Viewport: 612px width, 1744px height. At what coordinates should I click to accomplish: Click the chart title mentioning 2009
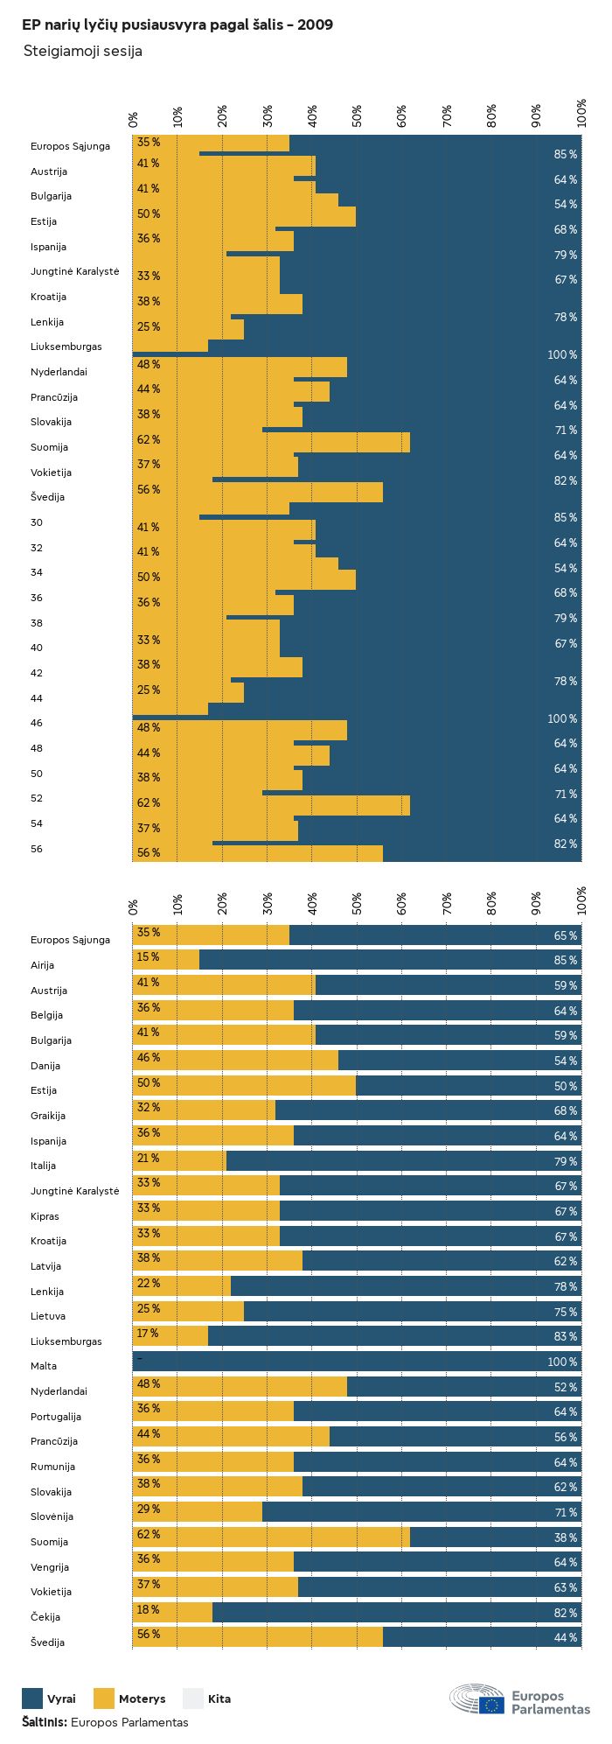point(177,25)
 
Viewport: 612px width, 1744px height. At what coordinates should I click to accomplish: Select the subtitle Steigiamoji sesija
point(82,52)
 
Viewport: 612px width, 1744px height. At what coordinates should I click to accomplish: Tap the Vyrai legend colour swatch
point(32,1698)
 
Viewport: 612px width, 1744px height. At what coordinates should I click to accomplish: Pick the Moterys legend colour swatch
point(104,1698)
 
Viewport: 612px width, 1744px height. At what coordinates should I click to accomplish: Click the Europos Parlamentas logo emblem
point(477,1699)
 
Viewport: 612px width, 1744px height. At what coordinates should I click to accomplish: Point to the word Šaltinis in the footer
point(44,1721)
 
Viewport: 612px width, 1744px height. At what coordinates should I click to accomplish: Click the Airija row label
point(43,965)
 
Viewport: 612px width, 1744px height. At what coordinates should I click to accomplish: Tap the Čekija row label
point(45,1617)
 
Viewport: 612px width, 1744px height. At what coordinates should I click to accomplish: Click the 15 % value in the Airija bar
point(148,957)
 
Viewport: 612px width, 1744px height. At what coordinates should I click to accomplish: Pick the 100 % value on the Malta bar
point(562,1362)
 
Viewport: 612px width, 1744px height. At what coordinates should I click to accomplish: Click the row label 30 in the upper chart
point(37,522)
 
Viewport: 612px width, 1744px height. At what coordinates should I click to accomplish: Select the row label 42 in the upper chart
point(37,673)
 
